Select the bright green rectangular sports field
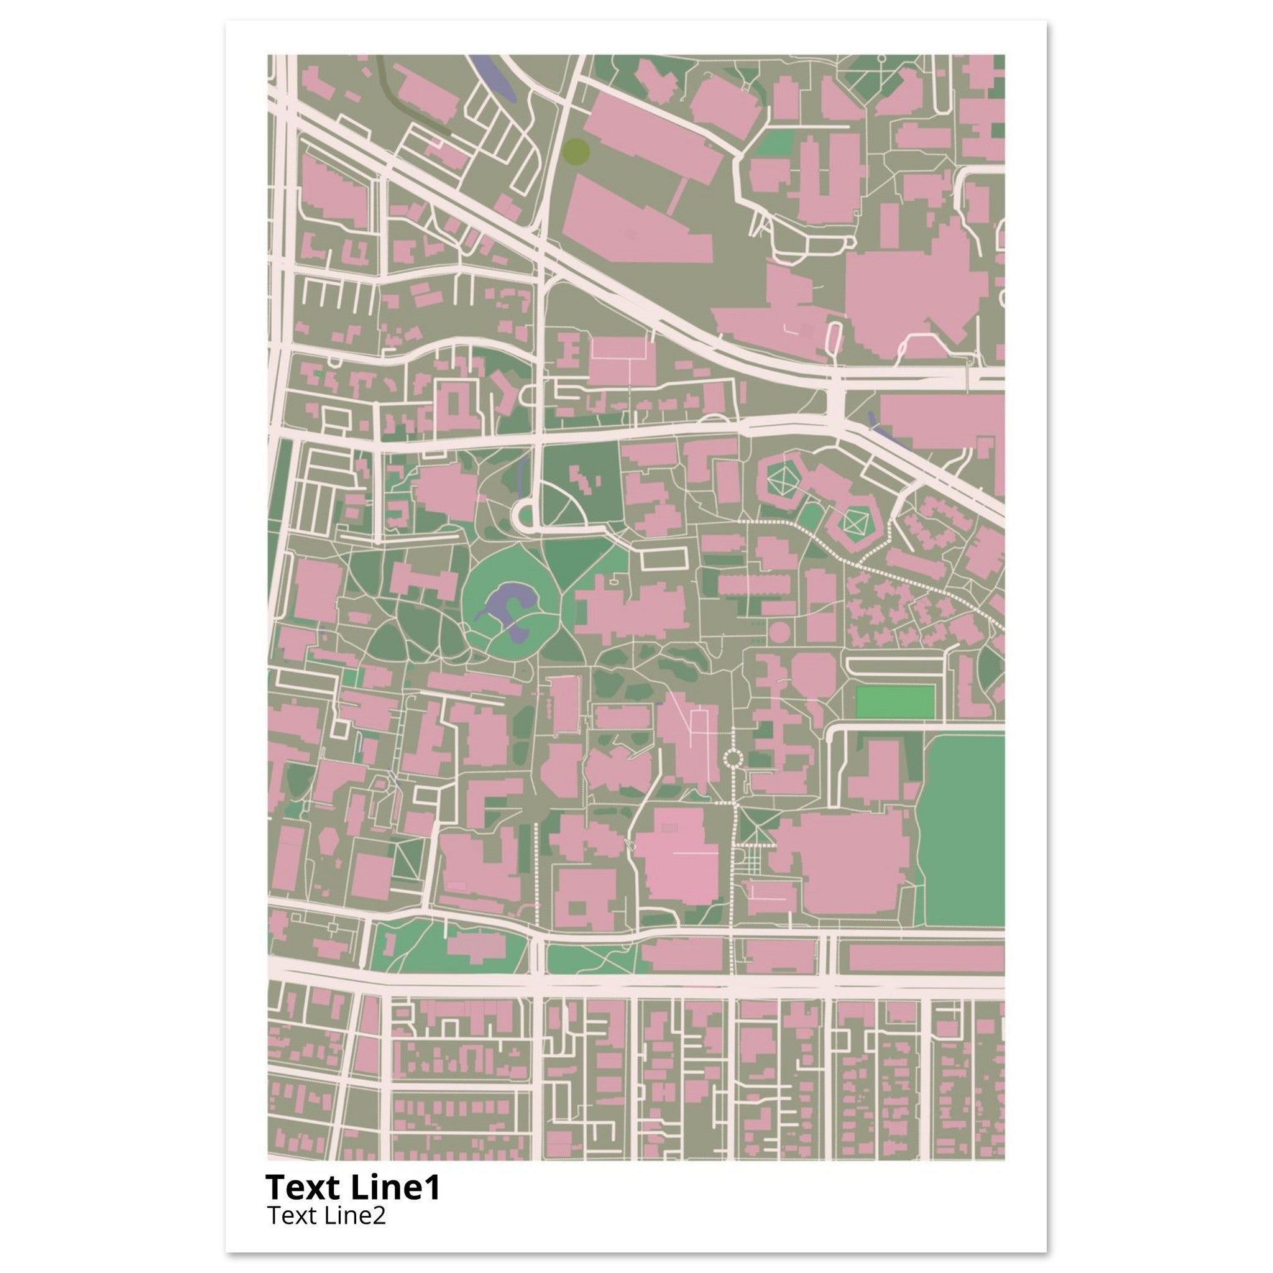tap(895, 702)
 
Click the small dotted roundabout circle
tap(733, 758)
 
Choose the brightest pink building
tap(679, 857)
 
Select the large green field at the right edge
tap(963, 830)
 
